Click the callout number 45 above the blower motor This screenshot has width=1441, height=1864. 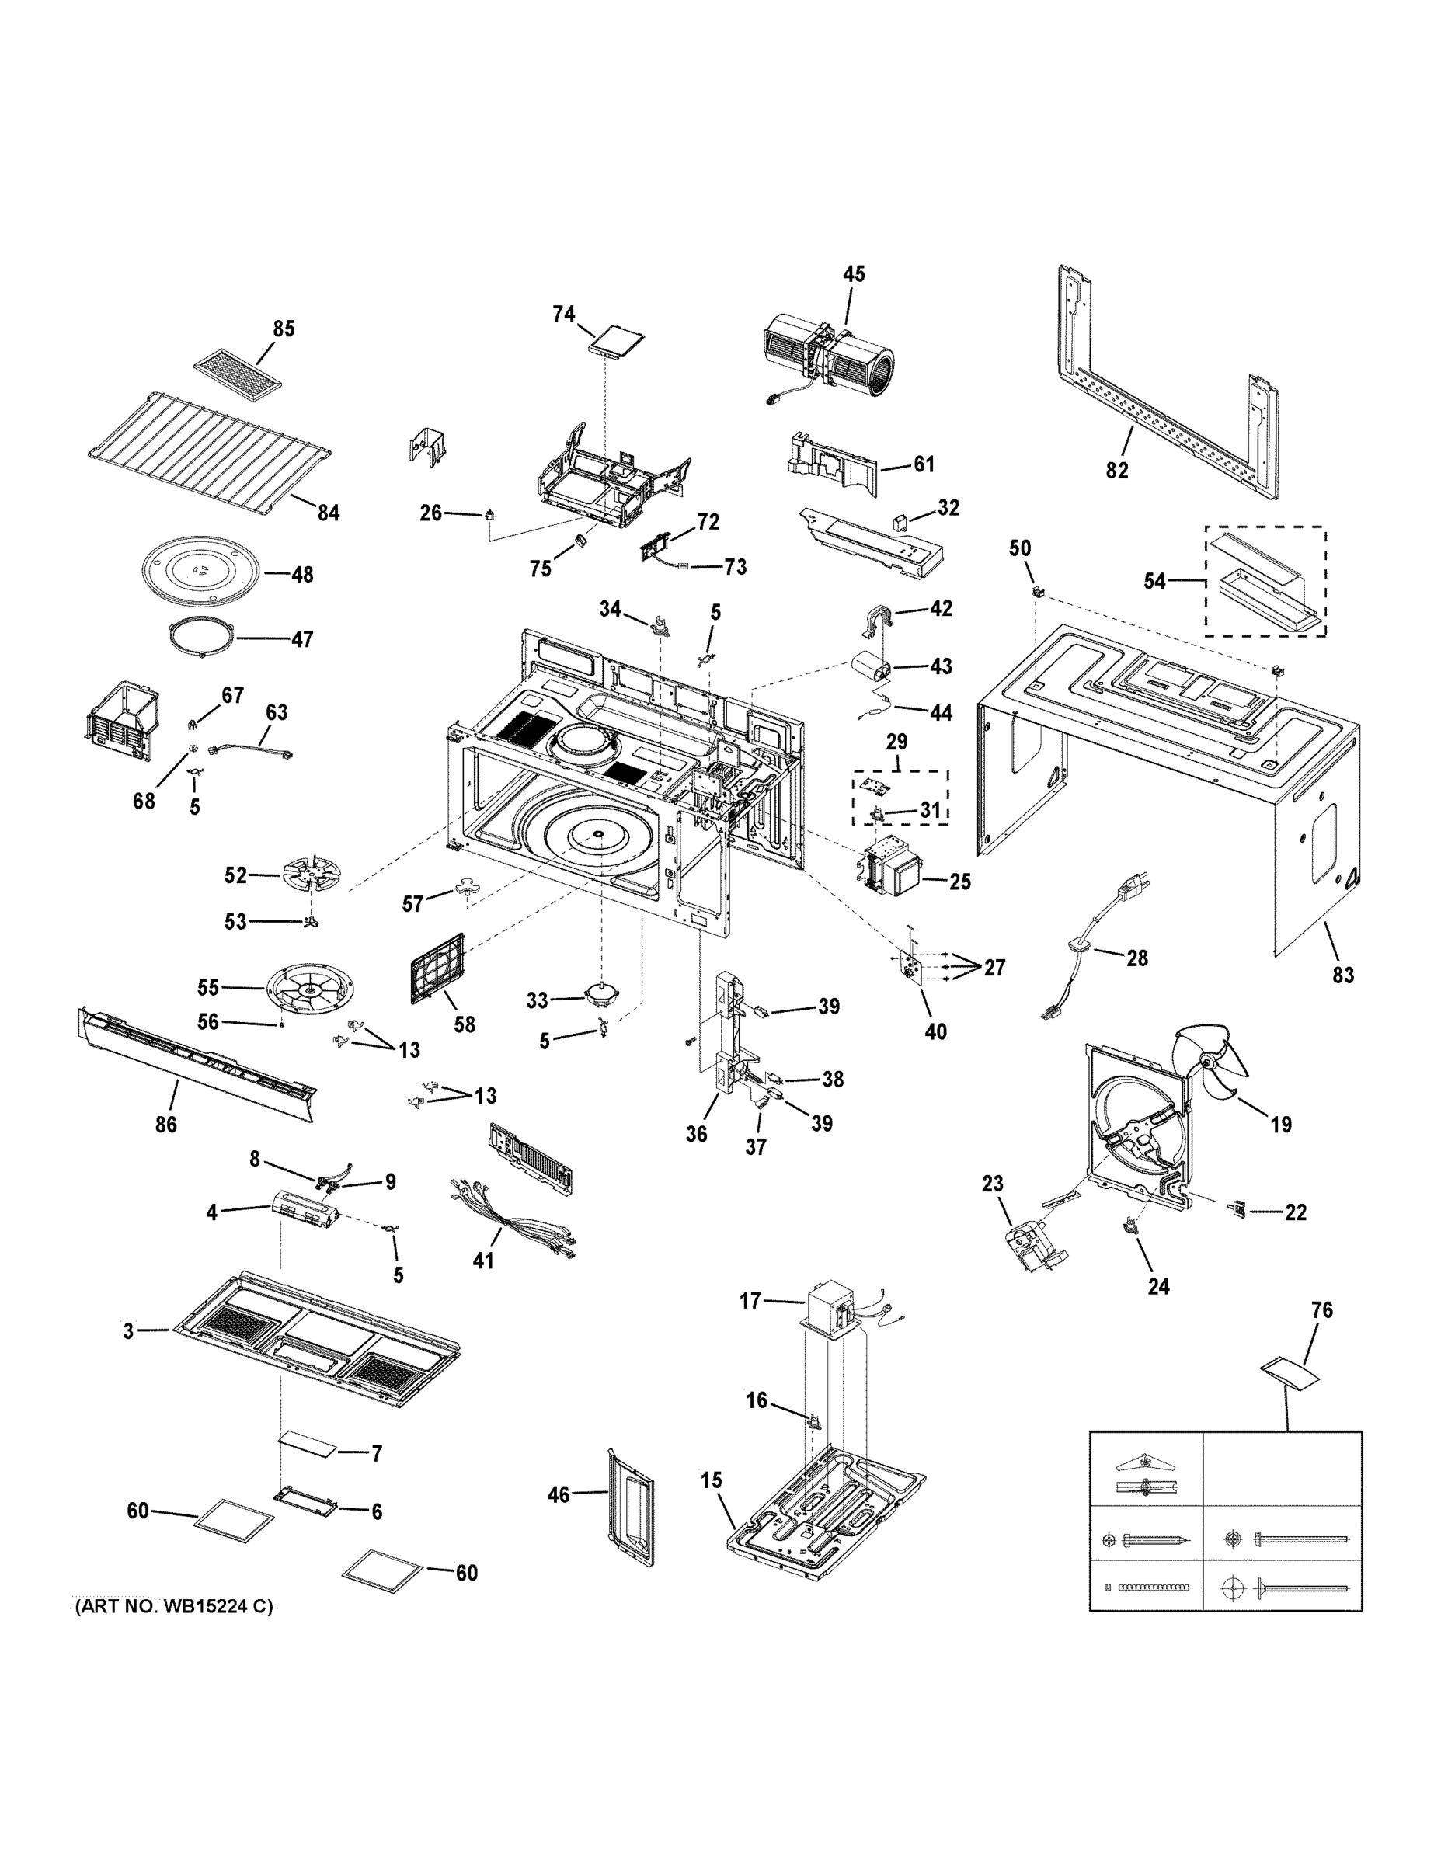click(x=853, y=274)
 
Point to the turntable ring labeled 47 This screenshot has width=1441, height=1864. click(x=201, y=638)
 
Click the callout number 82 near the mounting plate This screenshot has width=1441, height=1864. click(x=1116, y=469)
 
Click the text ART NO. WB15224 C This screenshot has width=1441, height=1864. click(x=174, y=1606)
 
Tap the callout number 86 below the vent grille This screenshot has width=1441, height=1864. click(x=165, y=1124)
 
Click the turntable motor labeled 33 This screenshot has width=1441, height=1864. click(x=603, y=995)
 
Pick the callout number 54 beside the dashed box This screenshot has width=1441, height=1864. click(x=1154, y=581)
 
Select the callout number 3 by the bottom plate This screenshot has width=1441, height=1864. click(x=128, y=1330)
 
